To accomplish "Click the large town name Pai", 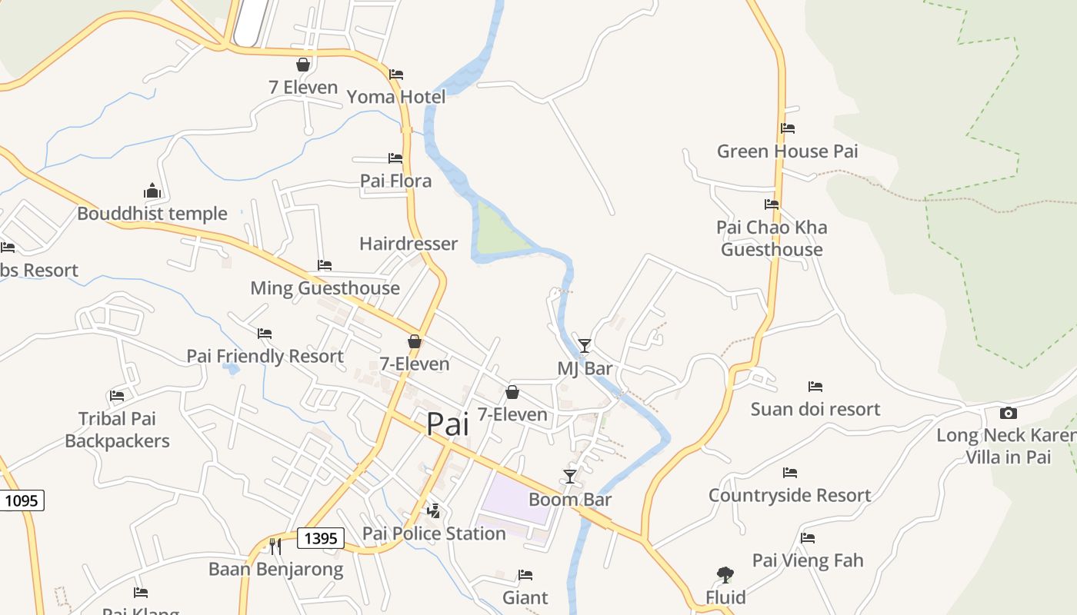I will pyautogui.click(x=447, y=424).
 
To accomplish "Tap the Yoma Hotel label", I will pyautogui.click(x=396, y=97).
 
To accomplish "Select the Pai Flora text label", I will pyautogui.click(x=396, y=181).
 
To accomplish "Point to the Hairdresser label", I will pyautogui.click(x=408, y=244).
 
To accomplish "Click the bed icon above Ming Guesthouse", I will pyautogui.click(x=325, y=265).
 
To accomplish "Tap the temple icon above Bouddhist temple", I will pyautogui.click(x=152, y=191).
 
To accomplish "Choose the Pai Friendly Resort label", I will pyautogui.click(x=265, y=357).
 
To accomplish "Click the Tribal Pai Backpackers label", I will pyautogui.click(x=117, y=430).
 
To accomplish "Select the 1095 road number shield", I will pyautogui.click(x=21, y=500).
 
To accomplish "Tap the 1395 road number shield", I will pyautogui.click(x=320, y=538).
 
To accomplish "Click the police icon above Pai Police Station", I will pyautogui.click(x=434, y=510).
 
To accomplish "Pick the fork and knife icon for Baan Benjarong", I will pyautogui.click(x=275, y=547).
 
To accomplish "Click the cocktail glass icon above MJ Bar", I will pyautogui.click(x=585, y=346).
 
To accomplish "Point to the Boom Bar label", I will pyautogui.click(x=570, y=500).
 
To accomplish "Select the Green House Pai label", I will pyautogui.click(x=787, y=151).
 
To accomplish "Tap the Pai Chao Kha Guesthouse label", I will pyautogui.click(x=772, y=238).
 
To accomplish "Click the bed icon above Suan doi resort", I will pyautogui.click(x=815, y=386).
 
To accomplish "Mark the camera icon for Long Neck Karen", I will pyautogui.click(x=1008, y=413).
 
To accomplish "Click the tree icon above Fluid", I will pyautogui.click(x=725, y=574).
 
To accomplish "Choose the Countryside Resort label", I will pyautogui.click(x=789, y=496).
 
